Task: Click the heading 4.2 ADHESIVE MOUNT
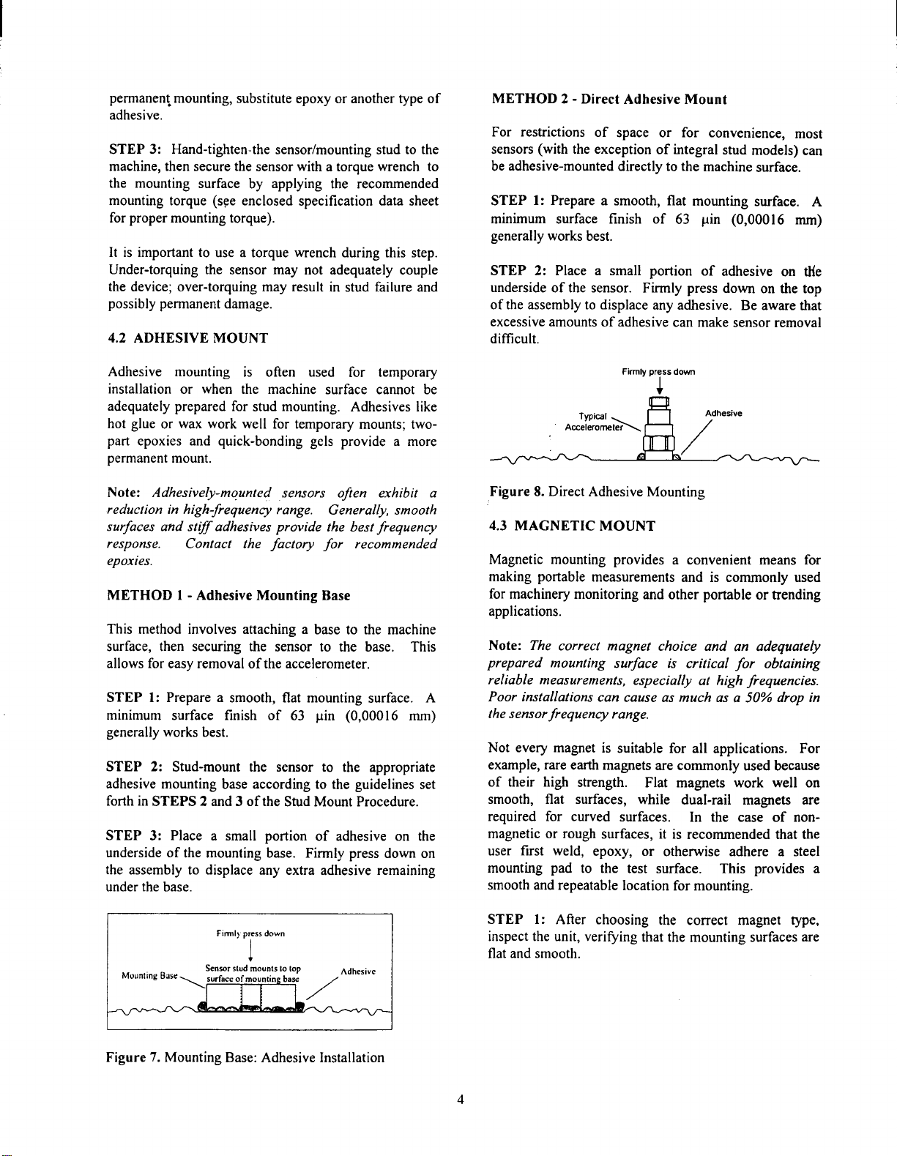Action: pos(188,338)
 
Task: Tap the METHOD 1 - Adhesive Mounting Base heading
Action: pos(228,596)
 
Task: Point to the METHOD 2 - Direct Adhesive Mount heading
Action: pos(608,100)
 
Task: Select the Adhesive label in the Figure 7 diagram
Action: pos(358,972)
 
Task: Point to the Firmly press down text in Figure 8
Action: pos(658,372)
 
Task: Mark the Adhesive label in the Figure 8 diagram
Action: pos(723,413)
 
